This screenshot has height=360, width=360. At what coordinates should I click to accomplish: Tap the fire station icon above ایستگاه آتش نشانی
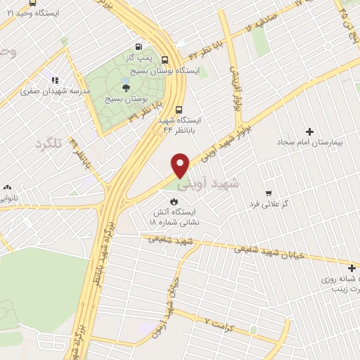pos(174,202)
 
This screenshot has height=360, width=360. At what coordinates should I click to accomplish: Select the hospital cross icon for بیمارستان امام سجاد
pos(310,131)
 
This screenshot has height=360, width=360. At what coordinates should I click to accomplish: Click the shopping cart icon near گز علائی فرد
pos(267,193)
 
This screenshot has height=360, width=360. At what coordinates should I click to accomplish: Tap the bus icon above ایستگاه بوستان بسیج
pos(165,60)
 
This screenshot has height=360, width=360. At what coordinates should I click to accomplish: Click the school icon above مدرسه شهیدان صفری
pos(56,80)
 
